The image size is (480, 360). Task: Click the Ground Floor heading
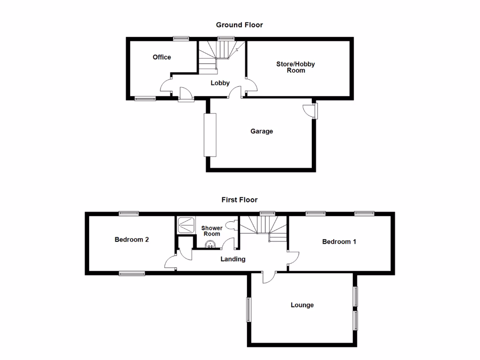(239, 25)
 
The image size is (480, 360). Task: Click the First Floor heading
(240, 200)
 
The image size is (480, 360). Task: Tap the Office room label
(162, 57)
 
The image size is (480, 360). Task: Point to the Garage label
(261, 131)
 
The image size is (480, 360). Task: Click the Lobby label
(220, 83)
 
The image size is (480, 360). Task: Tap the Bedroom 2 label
(132, 240)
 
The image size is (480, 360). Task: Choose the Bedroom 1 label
(339, 242)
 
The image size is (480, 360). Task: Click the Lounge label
(302, 305)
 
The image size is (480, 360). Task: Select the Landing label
(233, 259)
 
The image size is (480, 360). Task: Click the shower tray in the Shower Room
(186, 225)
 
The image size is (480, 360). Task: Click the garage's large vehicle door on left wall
(210, 135)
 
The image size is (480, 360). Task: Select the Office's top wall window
(180, 39)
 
